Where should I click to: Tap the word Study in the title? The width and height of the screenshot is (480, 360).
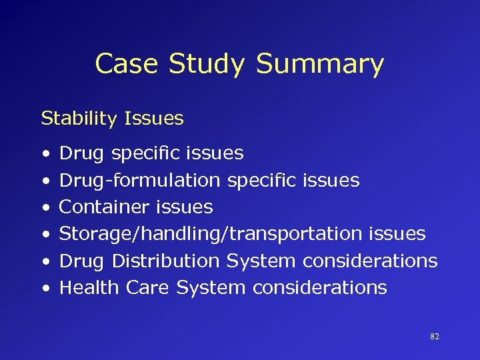click(x=207, y=64)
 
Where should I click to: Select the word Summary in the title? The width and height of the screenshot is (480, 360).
click(x=320, y=64)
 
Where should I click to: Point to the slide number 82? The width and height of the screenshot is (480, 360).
click(x=435, y=337)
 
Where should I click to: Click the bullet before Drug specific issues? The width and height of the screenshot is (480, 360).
click(x=44, y=154)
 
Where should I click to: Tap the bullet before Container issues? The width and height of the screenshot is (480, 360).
click(x=44, y=208)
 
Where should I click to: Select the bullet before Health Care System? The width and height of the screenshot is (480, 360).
click(x=44, y=289)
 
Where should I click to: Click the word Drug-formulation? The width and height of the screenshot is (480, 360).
click(x=140, y=181)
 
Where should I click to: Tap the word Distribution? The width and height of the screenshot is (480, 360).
click(x=165, y=261)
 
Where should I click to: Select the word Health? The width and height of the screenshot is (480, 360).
click(x=82, y=288)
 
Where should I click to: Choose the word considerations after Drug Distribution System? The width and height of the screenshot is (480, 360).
click(x=370, y=261)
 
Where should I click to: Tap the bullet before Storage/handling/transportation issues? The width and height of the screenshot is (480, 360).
click(x=44, y=235)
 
